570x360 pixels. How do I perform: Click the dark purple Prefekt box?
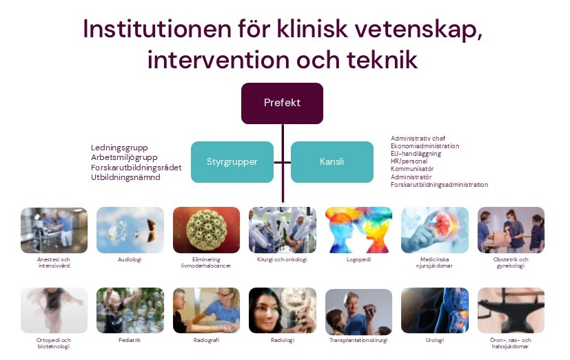click(282, 103)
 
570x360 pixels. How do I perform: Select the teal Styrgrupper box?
click(232, 162)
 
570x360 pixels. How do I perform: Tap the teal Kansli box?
click(332, 162)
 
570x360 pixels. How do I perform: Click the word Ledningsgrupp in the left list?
click(119, 148)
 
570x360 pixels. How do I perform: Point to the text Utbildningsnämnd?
click(125, 177)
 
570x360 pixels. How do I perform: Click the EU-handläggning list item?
click(416, 154)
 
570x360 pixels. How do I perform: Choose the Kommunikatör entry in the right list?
click(412, 169)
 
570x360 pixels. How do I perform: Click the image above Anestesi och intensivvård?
click(54, 230)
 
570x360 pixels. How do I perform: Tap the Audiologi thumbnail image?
click(130, 230)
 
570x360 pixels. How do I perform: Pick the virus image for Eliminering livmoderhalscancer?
click(206, 230)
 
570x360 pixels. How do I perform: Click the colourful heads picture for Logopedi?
click(358, 230)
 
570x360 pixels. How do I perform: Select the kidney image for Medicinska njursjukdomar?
click(434, 230)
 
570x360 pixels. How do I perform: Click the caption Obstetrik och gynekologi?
click(511, 263)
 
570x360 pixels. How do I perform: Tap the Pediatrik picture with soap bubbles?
click(130, 311)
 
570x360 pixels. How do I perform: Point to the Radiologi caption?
click(282, 340)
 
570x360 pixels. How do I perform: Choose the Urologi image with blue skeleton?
click(434, 311)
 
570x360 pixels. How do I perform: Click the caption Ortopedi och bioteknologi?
click(54, 343)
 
